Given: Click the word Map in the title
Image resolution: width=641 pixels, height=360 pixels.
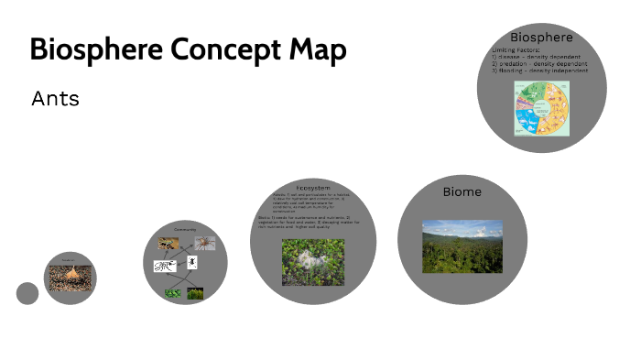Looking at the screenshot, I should click(320, 49).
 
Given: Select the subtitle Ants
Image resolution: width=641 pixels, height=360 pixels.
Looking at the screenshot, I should click(55, 98).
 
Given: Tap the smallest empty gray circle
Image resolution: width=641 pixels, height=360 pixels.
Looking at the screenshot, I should click(27, 293).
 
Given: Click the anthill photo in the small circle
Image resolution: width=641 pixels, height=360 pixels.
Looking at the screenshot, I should click(70, 279).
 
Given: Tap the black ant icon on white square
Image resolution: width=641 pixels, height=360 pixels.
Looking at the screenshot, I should click(192, 262).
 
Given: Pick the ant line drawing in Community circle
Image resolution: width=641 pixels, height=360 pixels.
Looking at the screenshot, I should click(165, 267).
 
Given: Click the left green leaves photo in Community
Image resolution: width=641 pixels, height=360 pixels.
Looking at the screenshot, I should click(171, 293).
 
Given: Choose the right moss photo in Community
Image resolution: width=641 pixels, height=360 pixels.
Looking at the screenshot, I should click(195, 293).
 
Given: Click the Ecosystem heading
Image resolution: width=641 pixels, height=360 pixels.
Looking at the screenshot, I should click(313, 188).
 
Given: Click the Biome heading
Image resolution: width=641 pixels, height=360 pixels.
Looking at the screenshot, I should click(462, 191).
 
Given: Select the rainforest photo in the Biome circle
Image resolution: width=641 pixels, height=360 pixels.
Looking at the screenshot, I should click(462, 245).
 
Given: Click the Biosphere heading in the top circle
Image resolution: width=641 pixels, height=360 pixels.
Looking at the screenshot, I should click(541, 38).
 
